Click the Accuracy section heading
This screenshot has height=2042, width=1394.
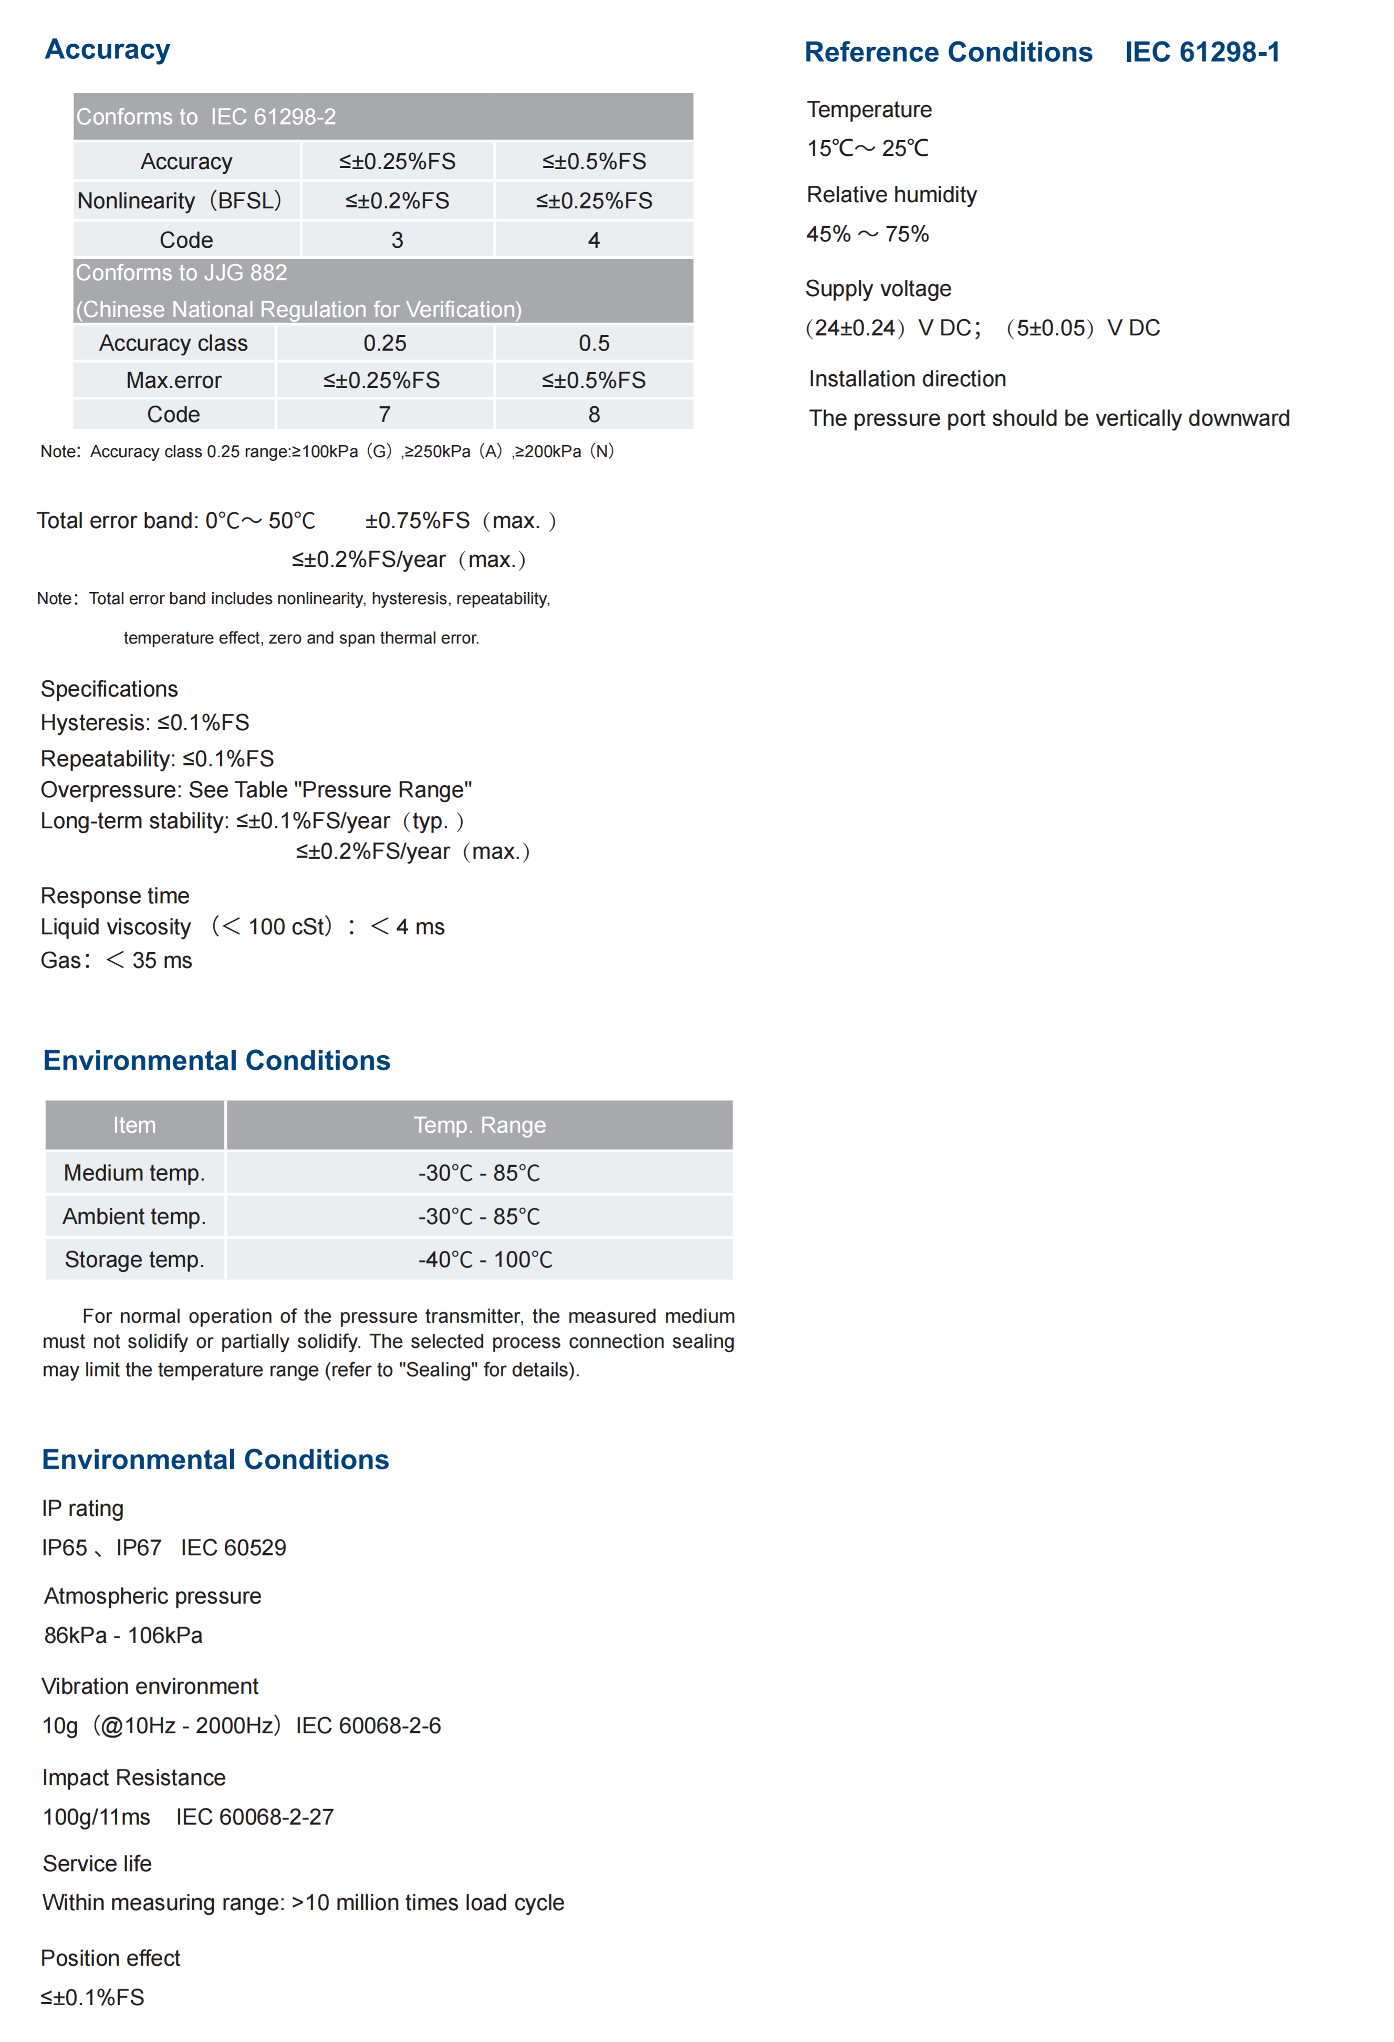coord(107,50)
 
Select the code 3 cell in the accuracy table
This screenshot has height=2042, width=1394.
coord(397,240)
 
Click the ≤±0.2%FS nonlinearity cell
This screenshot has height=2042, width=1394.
coord(397,201)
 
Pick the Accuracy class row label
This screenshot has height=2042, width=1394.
coord(173,343)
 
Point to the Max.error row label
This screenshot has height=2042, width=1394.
coord(173,381)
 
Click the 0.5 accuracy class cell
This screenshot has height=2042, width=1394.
coord(594,343)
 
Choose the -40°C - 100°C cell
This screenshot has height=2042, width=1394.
coord(485,1259)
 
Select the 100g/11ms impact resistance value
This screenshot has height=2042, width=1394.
coord(97,1817)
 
